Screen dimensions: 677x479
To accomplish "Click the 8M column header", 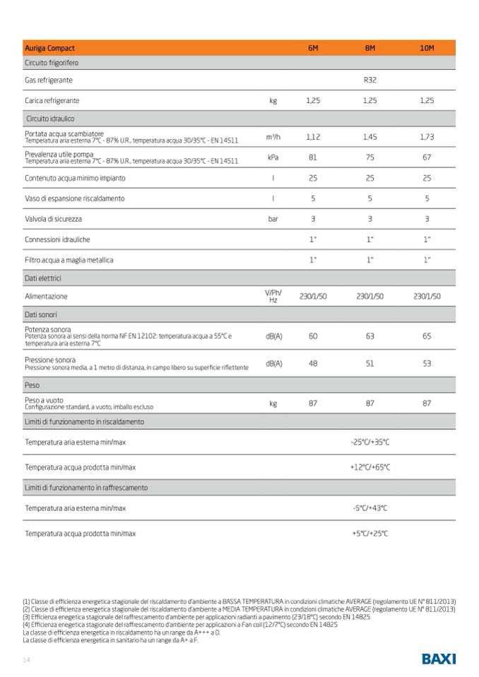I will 369,48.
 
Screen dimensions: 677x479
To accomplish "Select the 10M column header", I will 426,48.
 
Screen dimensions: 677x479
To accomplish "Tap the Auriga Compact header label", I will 49,48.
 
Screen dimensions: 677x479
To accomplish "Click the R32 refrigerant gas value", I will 369,80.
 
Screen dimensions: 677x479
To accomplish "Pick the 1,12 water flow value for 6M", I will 313,136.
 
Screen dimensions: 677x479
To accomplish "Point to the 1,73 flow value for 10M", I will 426,136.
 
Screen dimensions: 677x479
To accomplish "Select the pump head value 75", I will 369,157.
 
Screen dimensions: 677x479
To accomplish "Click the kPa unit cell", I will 273,157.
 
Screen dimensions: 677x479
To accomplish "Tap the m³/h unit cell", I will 273,136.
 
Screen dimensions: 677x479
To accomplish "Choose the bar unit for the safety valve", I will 273,219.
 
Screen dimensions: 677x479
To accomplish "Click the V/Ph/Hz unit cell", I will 273,296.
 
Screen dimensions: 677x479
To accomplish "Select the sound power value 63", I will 369,336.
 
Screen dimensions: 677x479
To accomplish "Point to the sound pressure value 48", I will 313,364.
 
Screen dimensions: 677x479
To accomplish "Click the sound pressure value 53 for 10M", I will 426,364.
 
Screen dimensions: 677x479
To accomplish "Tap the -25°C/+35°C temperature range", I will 369,442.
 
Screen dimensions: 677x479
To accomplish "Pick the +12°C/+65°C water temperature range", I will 369,467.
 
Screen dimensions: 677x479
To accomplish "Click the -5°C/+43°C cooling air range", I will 369,508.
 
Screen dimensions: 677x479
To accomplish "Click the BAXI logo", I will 439,659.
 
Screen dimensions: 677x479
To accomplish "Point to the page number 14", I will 26,659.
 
